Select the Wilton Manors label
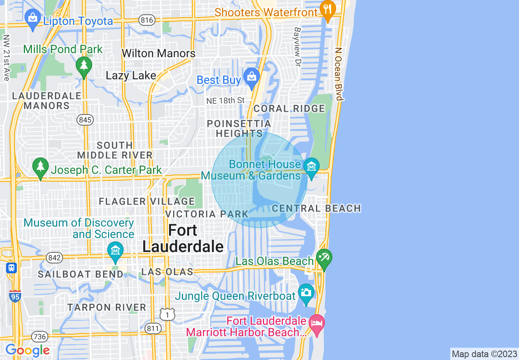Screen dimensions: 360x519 click(x=159, y=54)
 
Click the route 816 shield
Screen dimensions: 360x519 click(x=146, y=19)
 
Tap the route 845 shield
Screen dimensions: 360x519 click(x=85, y=120)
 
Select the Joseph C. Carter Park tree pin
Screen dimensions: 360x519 click(x=40, y=167)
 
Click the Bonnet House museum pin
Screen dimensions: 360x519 click(x=311, y=167)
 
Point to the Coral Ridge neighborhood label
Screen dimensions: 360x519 click(x=289, y=108)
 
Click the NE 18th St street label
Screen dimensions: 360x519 click(x=226, y=100)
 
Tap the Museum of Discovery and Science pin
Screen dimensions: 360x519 click(x=115, y=251)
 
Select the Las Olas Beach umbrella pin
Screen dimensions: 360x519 click(x=324, y=258)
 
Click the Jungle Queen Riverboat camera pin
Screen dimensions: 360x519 click(x=306, y=292)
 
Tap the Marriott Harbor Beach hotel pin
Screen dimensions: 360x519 click(x=317, y=324)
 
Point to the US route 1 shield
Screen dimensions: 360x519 click(x=167, y=314)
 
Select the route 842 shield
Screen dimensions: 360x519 click(x=54, y=258)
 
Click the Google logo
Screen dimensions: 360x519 click(x=27, y=351)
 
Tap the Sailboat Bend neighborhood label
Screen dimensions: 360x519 click(x=81, y=274)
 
